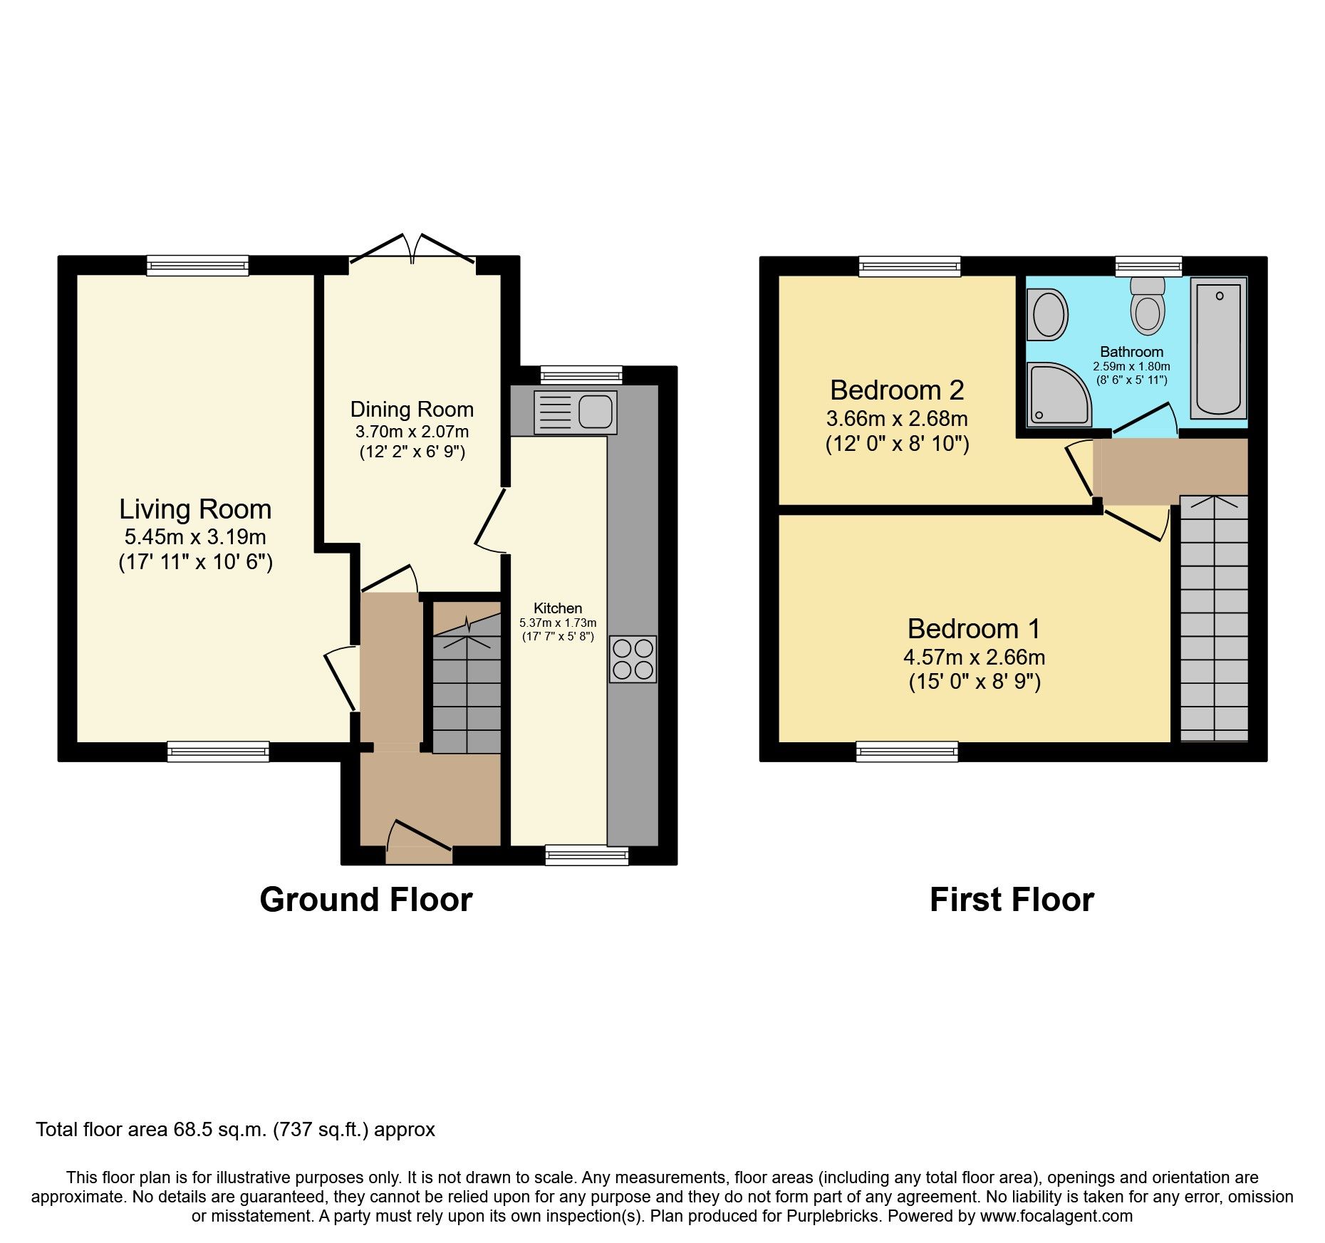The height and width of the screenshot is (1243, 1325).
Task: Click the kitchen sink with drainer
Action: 575,412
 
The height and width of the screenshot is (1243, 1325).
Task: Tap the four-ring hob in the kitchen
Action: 633,659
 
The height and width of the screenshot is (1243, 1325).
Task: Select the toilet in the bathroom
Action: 1148,307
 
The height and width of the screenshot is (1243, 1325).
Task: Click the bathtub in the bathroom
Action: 1219,348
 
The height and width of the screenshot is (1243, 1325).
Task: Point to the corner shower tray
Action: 1057,394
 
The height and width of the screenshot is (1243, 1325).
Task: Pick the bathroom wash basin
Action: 1047,314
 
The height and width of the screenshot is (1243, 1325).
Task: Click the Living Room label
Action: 195,509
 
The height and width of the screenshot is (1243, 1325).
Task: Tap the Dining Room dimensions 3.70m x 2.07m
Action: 412,431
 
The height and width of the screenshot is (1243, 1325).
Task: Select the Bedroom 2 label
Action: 897,390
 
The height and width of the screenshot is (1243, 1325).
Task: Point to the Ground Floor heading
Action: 366,900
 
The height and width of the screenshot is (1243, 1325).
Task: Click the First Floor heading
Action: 1012,900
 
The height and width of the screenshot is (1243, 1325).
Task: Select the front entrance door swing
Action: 419,836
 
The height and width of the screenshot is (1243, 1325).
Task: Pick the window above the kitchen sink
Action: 581,375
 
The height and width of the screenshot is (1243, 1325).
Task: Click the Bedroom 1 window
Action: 907,751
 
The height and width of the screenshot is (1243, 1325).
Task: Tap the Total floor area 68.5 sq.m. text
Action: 235,1130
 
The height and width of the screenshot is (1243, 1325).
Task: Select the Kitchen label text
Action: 558,608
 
